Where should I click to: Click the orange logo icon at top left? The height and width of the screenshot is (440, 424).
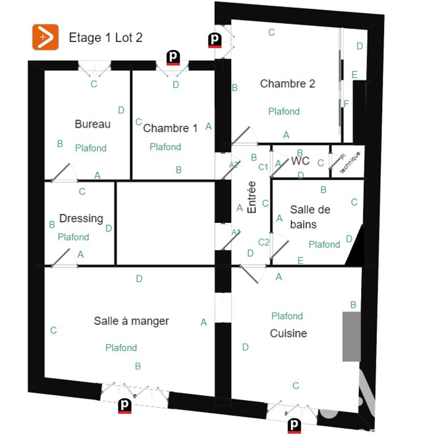pyautogui.click(x=45, y=37)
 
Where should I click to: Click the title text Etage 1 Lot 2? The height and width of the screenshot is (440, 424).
pyautogui.click(x=105, y=38)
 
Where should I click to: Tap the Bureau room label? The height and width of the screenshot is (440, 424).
pyautogui.click(x=92, y=124)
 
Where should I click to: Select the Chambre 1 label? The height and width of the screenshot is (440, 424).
pyautogui.click(x=170, y=128)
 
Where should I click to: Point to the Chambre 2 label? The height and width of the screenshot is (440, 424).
pyautogui.click(x=287, y=84)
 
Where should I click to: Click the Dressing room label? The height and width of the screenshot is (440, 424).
pyautogui.click(x=81, y=218)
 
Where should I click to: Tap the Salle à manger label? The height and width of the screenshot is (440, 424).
pyautogui.click(x=132, y=321)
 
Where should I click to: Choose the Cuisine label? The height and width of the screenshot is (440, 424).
pyautogui.click(x=289, y=333)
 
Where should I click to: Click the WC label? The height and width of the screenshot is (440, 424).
pyautogui.click(x=300, y=161)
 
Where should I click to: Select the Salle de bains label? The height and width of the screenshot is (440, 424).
pyautogui.click(x=310, y=217)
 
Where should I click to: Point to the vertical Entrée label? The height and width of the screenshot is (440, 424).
pyautogui.click(x=252, y=197)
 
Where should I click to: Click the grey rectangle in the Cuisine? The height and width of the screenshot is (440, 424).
pyautogui.click(x=351, y=336)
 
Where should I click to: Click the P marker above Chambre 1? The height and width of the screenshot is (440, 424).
pyautogui.click(x=173, y=57)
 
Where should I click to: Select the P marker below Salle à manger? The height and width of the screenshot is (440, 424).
pyautogui.click(x=125, y=406)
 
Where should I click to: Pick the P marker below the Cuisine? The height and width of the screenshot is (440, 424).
pyautogui.click(x=294, y=425)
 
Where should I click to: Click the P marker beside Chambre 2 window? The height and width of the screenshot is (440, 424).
pyautogui.click(x=215, y=40)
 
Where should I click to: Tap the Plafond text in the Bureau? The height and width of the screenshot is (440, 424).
pyautogui.click(x=91, y=148)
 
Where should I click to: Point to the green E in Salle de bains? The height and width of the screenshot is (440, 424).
pyautogui.click(x=300, y=260)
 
